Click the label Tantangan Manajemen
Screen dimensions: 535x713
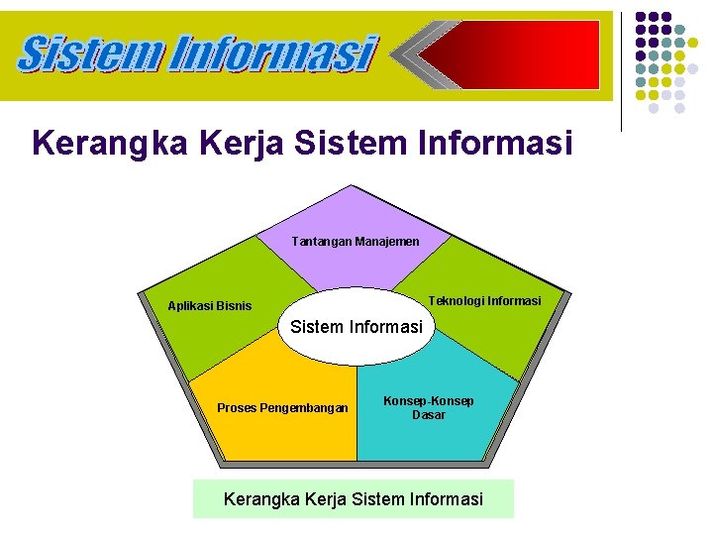point(356,242)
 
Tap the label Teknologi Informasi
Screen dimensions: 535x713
point(484,300)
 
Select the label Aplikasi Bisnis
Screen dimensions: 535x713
point(210,306)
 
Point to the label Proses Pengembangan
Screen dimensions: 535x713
point(283,407)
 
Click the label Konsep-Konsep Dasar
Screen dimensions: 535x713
point(429,407)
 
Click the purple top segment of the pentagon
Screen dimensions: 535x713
point(352,213)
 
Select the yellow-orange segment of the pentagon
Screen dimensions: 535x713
point(277,436)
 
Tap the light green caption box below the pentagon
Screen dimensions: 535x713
point(354,498)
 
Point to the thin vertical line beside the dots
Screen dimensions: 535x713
point(621,69)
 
